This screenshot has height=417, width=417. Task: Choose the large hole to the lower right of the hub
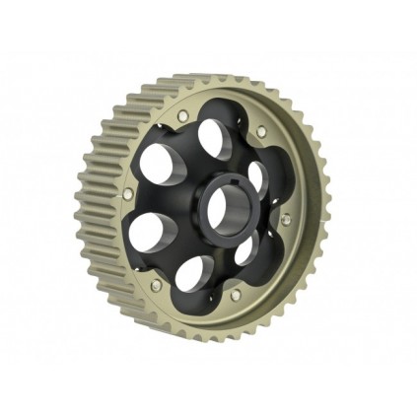pos(243,249)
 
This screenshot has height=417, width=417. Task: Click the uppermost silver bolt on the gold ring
pos(182,117)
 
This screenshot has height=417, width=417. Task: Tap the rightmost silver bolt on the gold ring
pos(287,219)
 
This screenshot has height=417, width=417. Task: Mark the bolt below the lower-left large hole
pos(156,285)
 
